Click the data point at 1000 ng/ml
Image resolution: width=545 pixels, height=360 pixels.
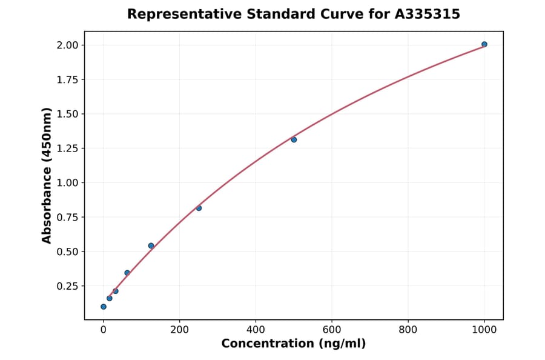pos(484,44)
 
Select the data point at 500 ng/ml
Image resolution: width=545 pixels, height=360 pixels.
pos(294,139)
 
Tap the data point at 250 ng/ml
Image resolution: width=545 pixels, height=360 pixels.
pos(199,208)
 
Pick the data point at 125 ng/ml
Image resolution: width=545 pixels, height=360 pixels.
pos(151,245)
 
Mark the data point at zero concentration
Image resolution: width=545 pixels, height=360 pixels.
pos(104,307)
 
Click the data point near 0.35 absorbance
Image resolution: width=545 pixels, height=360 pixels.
pos(127,273)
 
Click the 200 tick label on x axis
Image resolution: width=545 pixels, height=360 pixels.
pos(179,330)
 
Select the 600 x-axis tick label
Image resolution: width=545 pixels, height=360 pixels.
pos(332,330)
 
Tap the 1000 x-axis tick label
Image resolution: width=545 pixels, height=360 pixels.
pos(484,330)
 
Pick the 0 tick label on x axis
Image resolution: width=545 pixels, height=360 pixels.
pos(104,330)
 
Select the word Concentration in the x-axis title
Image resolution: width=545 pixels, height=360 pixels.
pos(268,344)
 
